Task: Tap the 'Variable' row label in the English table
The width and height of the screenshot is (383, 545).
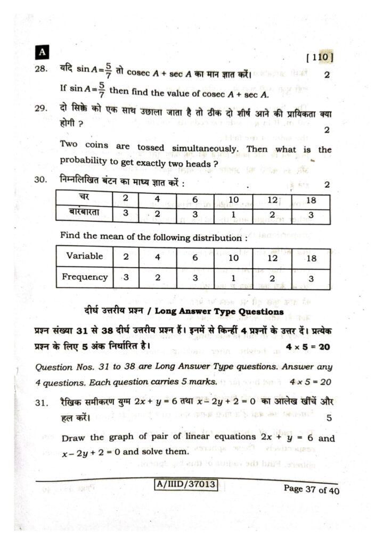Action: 84,256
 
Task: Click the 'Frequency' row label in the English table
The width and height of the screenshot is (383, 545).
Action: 84,277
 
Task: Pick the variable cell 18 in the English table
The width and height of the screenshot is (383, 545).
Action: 311,258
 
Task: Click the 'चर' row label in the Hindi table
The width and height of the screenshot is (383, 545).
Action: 84,200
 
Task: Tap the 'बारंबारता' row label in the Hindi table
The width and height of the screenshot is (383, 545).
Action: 84,212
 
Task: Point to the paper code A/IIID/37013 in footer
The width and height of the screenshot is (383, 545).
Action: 185,484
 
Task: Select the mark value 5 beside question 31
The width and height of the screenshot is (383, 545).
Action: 329,418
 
